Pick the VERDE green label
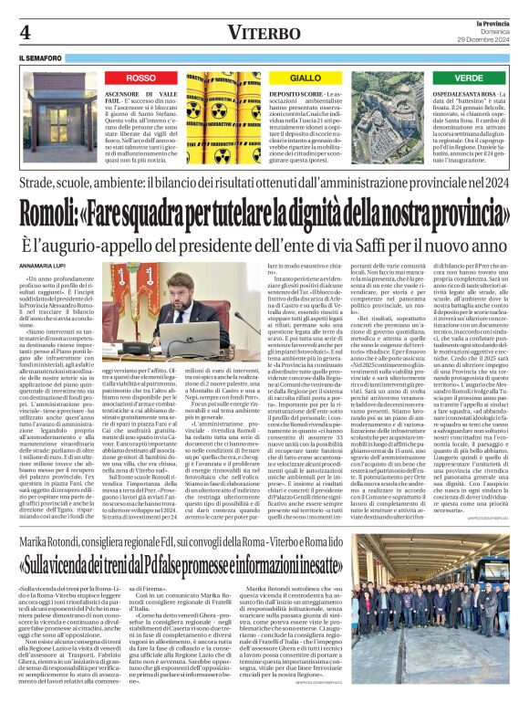pyautogui.click(x=468, y=79)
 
